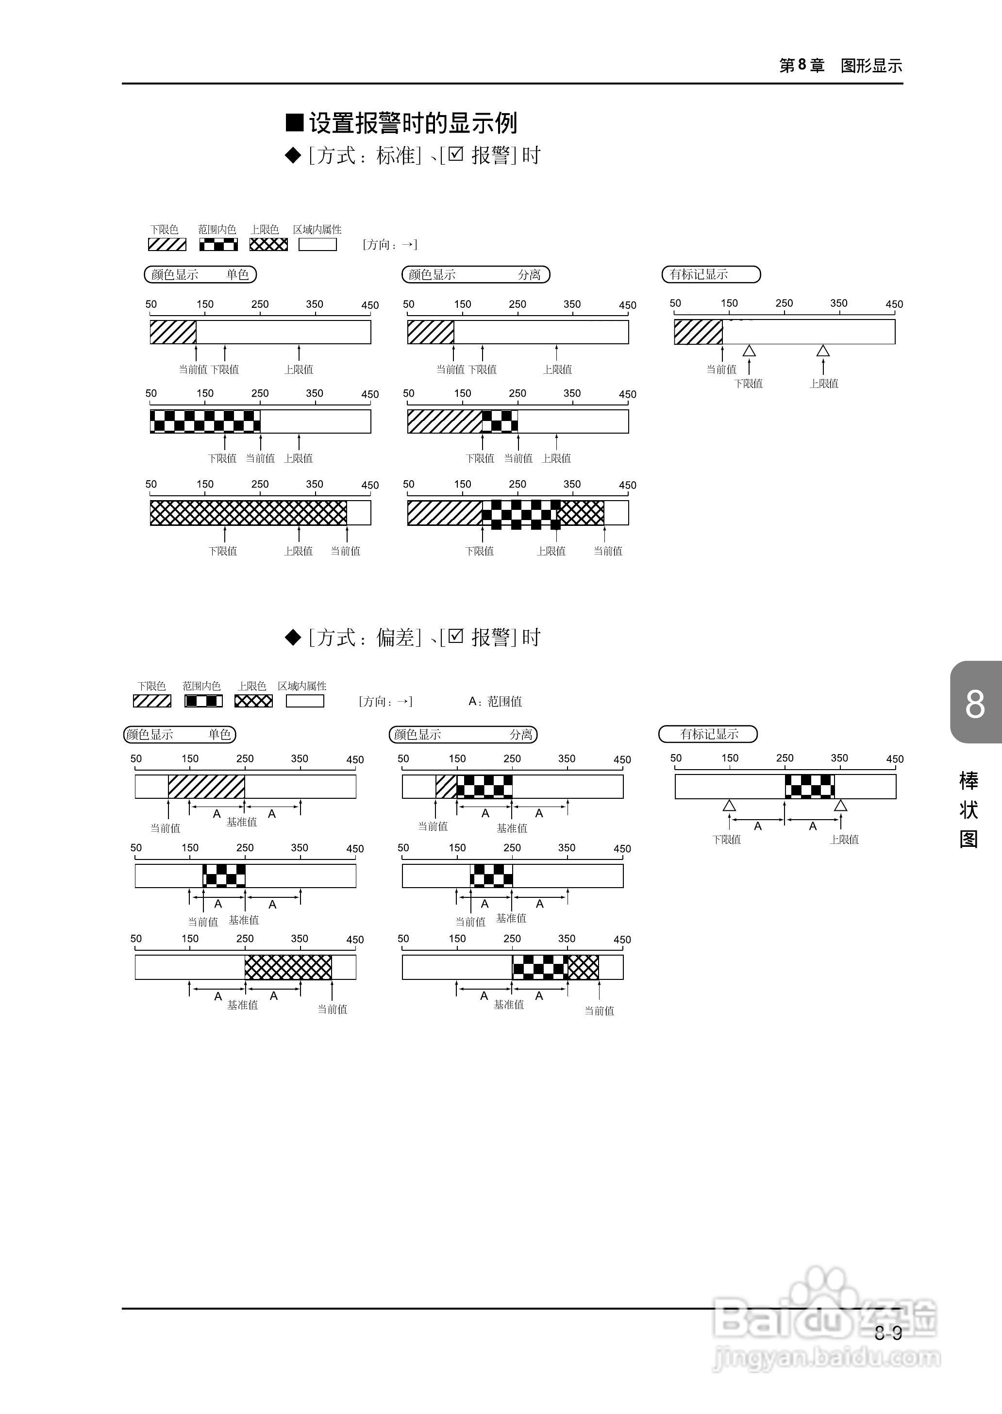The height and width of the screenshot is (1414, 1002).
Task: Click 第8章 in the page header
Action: (802, 66)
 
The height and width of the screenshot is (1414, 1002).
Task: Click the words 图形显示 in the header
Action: (871, 66)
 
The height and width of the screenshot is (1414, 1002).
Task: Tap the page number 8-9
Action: (888, 1333)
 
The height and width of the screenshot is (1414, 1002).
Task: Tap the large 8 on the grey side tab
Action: (975, 704)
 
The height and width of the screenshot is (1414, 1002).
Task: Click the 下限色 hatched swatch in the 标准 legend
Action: (167, 244)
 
